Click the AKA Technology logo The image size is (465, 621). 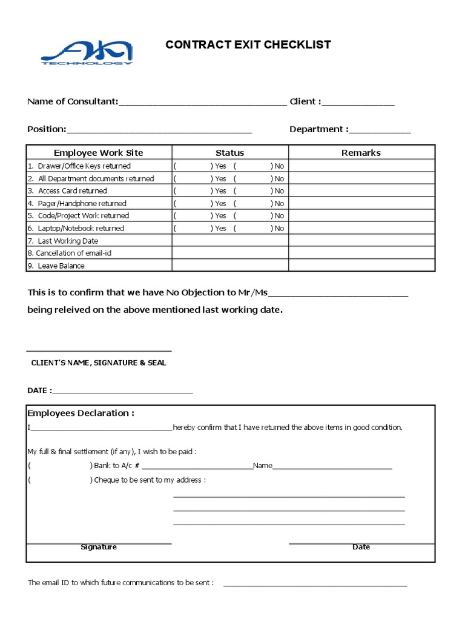pyautogui.click(x=87, y=53)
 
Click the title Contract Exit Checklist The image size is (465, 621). pyautogui.click(x=248, y=45)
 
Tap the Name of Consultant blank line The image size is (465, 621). pyautogui.click(x=203, y=102)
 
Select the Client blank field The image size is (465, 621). pyautogui.click(x=358, y=102)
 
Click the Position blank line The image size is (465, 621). pyautogui.click(x=159, y=129)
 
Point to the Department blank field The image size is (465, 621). pyautogui.click(x=380, y=129)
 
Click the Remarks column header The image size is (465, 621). pyautogui.click(x=361, y=153)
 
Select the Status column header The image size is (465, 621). pyautogui.click(x=229, y=153)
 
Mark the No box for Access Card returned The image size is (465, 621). pyautogui.click(x=252, y=191)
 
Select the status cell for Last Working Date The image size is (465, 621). pyautogui.click(x=229, y=241)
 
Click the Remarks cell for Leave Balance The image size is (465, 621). pyautogui.click(x=361, y=266)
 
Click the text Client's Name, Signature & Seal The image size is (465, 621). pyautogui.click(x=98, y=363)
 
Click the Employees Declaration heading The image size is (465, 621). pyautogui.click(x=81, y=414)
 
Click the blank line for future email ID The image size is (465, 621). pyautogui.click(x=315, y=583)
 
